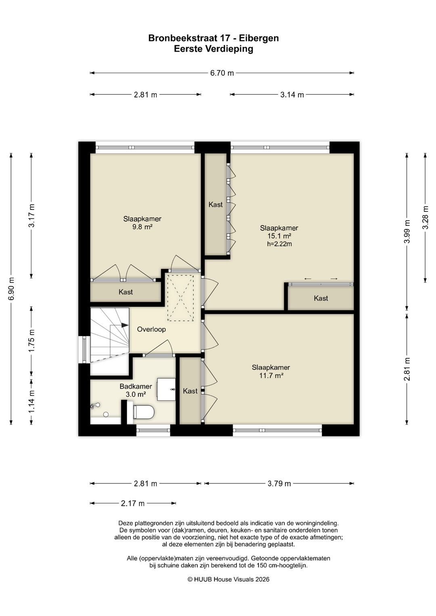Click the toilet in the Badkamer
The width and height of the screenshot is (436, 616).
(143, 411)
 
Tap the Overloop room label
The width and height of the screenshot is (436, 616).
(151, 329)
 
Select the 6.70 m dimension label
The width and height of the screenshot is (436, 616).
(222, 73)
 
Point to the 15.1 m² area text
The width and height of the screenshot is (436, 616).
(279, 236)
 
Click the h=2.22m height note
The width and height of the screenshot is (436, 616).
(279, 244)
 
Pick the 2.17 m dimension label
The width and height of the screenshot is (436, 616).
(133, 503)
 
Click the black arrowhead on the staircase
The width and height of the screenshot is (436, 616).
(125, 325)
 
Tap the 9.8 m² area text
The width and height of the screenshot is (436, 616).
(142, 227)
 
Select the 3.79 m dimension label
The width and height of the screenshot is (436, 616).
(279, 484)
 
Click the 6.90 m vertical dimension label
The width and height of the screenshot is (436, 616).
(11, 288)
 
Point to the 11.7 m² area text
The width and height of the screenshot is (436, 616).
(271, 376)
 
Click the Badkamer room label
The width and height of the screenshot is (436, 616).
(136, 386)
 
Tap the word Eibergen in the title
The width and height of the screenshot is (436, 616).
(259, 38)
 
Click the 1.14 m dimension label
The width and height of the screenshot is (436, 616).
(31, 401)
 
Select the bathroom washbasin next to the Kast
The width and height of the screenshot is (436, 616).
(166, 389)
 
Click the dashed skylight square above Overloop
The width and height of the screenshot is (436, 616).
(180, 298)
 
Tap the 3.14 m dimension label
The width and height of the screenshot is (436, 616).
(292, 95)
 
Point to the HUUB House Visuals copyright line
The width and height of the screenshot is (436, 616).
(228, 579)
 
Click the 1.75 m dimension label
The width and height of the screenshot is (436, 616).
(31, 341)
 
